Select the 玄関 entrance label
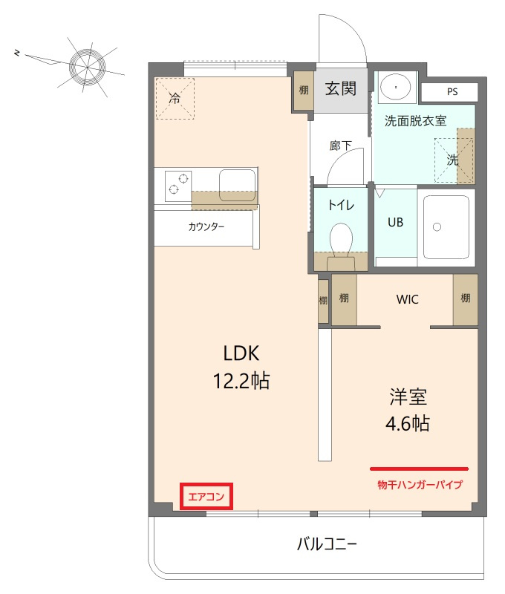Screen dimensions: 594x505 [340, 89]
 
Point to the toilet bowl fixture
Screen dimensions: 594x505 [342, 240]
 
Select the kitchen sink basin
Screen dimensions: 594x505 [236, 180]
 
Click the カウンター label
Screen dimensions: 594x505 [206, 227]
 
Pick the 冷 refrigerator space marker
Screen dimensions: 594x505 [175, 98]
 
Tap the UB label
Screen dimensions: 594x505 [395, 222]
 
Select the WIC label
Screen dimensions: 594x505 [407, 300]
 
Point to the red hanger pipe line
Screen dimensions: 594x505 [419, 469]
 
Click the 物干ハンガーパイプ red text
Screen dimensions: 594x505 [420, 485]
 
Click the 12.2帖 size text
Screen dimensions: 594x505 [241, 382]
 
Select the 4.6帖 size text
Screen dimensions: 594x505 [408, 424]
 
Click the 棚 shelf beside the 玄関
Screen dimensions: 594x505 [303, 90]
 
